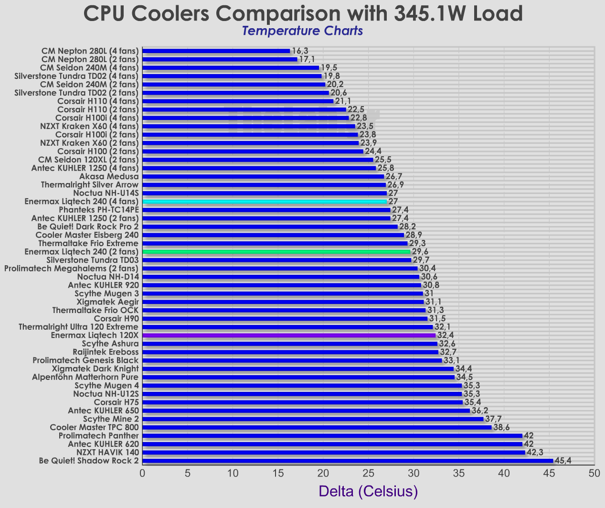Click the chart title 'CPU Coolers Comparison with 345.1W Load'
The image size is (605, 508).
(x=303, y=13)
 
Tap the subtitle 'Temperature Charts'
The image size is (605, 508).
(x=302, y=31)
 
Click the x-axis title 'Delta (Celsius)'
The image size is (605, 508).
(x=368, y=491)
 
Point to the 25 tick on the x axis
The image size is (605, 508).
(x=368, y=473)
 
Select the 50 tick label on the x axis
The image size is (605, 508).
(x=594, y=473)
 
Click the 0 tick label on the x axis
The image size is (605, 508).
(x=142, y=473)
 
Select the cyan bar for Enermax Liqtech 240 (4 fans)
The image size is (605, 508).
(x=264, y=202)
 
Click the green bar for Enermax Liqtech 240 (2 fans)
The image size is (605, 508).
(x=276, y=251)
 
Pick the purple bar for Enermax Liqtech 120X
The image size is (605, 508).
(x=288, y=335)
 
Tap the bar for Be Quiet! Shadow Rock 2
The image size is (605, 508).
(x=347, y=461)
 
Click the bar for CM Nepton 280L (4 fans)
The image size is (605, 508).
(x=216, y=51)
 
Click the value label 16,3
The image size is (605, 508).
(x=300, y=51)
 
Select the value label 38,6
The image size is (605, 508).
(x=501, y=427)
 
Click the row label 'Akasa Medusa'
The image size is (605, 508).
(x=109, y=176)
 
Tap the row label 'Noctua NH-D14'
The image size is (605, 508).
(x=108, y=277)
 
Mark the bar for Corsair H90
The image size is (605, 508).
(x=285, y=319)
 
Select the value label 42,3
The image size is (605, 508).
(x=535, y=452)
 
